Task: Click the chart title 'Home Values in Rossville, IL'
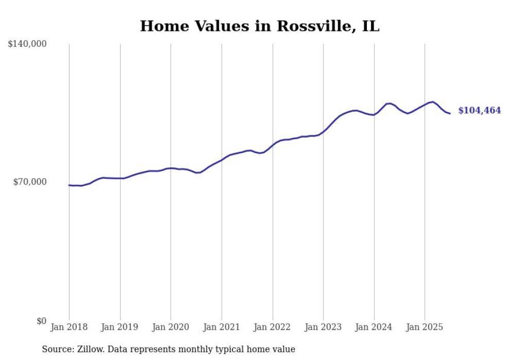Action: click(259, 26)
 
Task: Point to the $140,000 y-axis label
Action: click(27, 44)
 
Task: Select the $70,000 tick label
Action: click(30, 182)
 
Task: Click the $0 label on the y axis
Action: click(42, 321)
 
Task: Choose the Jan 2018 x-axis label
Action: click(69, 327)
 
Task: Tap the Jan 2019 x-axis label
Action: click(120, 327)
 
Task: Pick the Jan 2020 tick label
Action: click(171, 327)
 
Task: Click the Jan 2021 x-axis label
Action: click(222, 327)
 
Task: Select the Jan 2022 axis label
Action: click(272, 327)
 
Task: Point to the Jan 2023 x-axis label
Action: click(323, 327)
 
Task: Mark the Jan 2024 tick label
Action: click(374, 327)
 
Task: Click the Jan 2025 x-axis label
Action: click(425, 327)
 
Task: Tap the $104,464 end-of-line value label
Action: click(479, 111)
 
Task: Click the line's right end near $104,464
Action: click(450, 113)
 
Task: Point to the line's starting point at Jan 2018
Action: click(69, 185)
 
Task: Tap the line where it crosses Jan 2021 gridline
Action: click(222, 160)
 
